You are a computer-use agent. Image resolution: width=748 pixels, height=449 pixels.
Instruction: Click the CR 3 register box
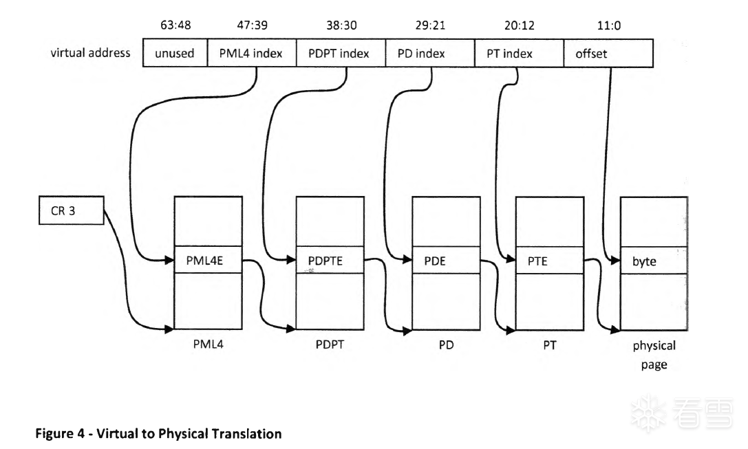(x=70, y=212)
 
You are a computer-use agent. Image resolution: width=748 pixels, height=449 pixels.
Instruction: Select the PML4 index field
(x=251, y=53)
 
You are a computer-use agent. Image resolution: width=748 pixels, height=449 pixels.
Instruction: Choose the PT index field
(x=519, y=53)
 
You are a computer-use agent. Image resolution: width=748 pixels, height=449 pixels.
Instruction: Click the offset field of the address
(x=608, y=53)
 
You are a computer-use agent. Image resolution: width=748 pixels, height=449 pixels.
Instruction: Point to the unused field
(x=175, y=53)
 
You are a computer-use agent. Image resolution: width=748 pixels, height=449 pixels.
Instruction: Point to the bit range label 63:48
(x=175, y=25)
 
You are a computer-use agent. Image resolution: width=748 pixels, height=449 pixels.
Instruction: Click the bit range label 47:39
(x=250, y=25)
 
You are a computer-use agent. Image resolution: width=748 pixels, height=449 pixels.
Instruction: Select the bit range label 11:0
(x=608, y=25)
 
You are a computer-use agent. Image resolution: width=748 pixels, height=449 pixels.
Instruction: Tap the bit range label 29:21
(x=429, y=25)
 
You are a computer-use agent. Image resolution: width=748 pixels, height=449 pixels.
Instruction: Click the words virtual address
(x=90, y=53)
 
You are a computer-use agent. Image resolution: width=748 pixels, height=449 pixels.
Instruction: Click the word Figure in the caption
(x=52, y=434)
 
